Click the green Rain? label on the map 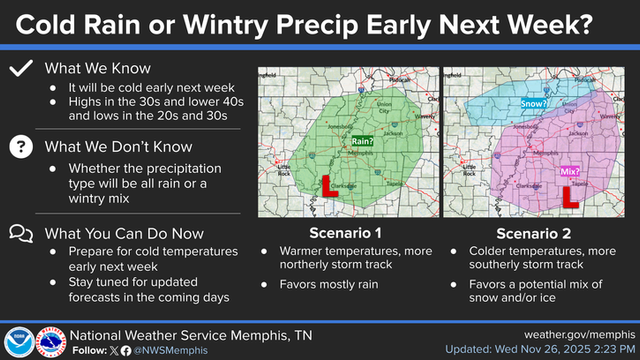pyautogui.click(x=361, y=141)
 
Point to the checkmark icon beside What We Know pyautogui.click(x=18, y=69)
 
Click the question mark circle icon pyautogui.click(x=18, y=147)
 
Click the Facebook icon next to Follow pyautogui.click(x=124, y=350)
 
